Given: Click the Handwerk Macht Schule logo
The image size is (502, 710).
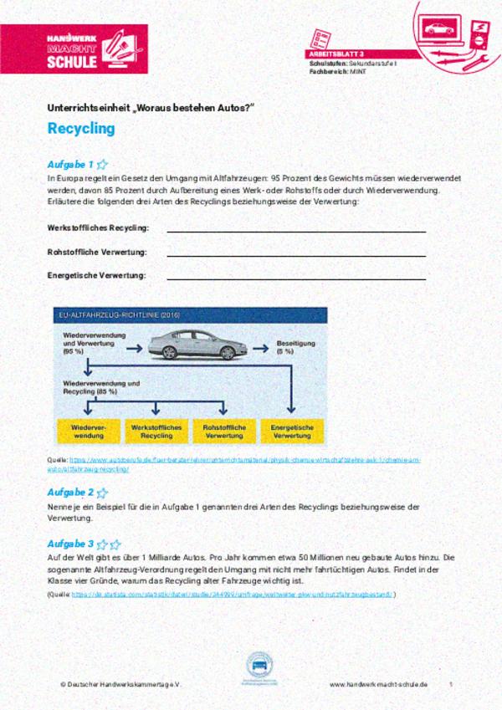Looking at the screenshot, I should point(74,49).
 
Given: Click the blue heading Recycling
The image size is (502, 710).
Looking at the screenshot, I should point(81,130).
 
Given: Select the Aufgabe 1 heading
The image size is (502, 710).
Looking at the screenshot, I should point(70,165).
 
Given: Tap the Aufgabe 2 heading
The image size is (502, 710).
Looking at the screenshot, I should point(70,493).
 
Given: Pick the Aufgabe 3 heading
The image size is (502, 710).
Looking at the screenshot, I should point(70,544).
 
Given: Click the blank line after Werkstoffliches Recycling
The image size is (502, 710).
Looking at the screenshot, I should point(296,231).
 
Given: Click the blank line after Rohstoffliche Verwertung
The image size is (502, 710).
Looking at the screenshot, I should point(296,255).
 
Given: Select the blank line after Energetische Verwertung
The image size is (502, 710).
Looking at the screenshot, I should point(296,278).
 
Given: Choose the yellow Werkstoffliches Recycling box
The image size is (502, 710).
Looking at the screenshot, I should point(156,431).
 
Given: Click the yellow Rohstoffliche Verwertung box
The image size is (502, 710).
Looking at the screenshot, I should point(223,431).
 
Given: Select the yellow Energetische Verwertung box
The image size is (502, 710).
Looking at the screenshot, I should point(291,431).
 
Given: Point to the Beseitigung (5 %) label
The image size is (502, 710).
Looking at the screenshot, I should point(296,347).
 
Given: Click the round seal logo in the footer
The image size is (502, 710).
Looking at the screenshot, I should point(259,667).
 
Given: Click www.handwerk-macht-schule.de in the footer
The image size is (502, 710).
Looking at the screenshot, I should point(378,684).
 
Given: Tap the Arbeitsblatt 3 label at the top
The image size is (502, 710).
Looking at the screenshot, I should point(336,54).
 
